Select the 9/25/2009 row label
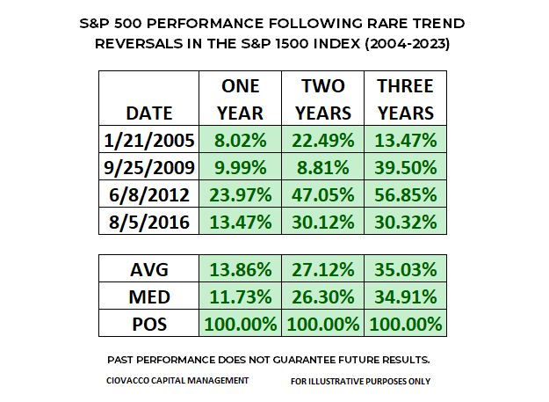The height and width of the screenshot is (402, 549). pos(150,168)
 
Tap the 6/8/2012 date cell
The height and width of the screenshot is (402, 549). pos(150,194)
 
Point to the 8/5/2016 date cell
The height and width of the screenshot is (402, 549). pos(150,221)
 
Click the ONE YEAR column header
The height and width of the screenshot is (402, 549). pos(240,99)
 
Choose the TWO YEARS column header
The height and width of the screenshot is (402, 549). pos(322,99)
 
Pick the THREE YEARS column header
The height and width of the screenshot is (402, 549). pos(405,99)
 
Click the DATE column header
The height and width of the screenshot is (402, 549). pos(150,113)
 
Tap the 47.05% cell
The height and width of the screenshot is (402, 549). pos(322,194)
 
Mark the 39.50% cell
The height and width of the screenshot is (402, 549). pos(405,168)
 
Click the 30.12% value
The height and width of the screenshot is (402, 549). pos(322,221)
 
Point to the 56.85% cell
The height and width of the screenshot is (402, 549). pos(405,194)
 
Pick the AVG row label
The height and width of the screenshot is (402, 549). pos(150,268)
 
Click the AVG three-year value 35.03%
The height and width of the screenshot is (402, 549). pos(405,268)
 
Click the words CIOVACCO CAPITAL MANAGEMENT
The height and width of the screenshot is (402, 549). pos(177,380)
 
